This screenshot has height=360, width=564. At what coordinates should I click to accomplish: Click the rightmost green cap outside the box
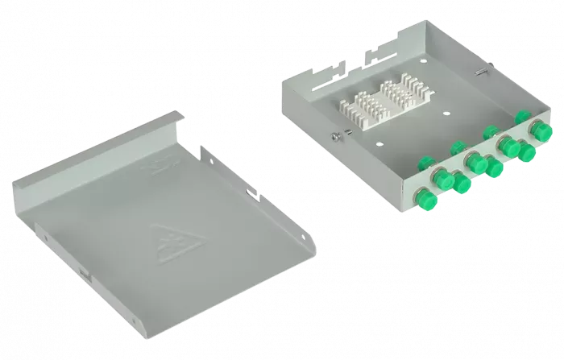[x=534, y=129]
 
